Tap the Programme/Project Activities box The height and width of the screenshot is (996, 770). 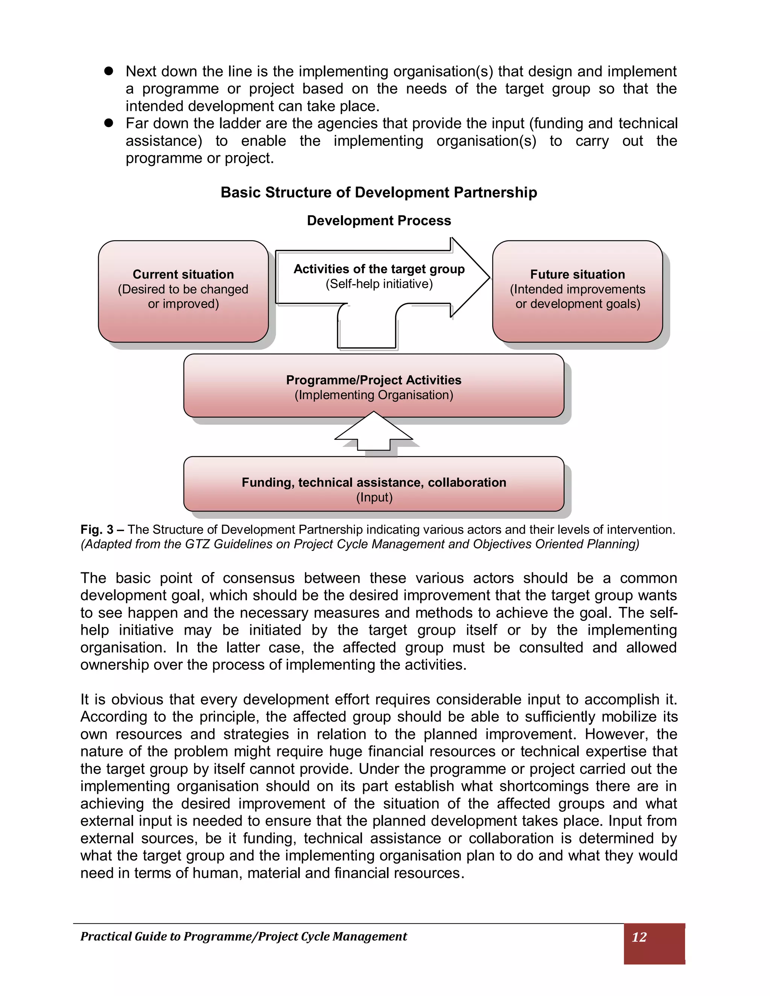click(x=374, y=386)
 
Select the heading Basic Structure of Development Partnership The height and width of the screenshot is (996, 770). click(x=379, y=192)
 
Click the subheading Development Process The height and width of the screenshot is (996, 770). click(x=379, y=221)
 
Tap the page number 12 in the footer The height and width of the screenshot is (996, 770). click(x=639, y=937)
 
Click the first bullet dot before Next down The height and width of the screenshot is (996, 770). click(x=109, y=71)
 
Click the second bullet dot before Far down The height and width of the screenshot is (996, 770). click(x=109, y=123)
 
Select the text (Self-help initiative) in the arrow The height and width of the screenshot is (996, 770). click(x=379, y=284)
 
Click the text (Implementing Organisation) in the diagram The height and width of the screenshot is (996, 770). click(x=374, y=395)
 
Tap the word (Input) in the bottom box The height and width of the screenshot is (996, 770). click(x=374, y=497)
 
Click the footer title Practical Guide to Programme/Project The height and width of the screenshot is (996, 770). click(x=244, y=936)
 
